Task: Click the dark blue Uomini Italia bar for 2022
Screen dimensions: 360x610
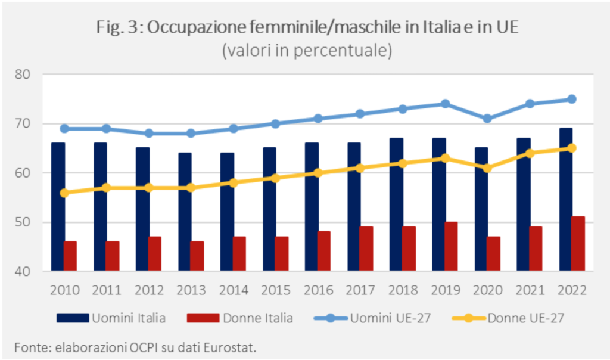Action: tap(566, 200)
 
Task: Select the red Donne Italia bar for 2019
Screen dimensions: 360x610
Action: tap(452, 246)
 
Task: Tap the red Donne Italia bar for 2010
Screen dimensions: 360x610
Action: tap(70, 256)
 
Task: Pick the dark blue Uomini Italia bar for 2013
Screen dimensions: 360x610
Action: tap(185, 212)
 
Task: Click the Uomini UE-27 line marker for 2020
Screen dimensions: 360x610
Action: tap(487, 119)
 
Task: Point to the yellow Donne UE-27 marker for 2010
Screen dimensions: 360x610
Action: tap(64, 193)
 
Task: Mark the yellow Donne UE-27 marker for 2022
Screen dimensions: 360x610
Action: tap(572, 148)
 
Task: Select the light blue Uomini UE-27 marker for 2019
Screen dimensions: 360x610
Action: tap(445, 104)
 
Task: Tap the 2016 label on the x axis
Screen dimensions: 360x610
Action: tap(318, 290)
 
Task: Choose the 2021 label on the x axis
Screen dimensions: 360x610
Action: tap(530, 290)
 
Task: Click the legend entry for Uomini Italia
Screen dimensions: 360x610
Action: tap(111, 318)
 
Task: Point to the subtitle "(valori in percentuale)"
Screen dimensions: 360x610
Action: tap(307, 51)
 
